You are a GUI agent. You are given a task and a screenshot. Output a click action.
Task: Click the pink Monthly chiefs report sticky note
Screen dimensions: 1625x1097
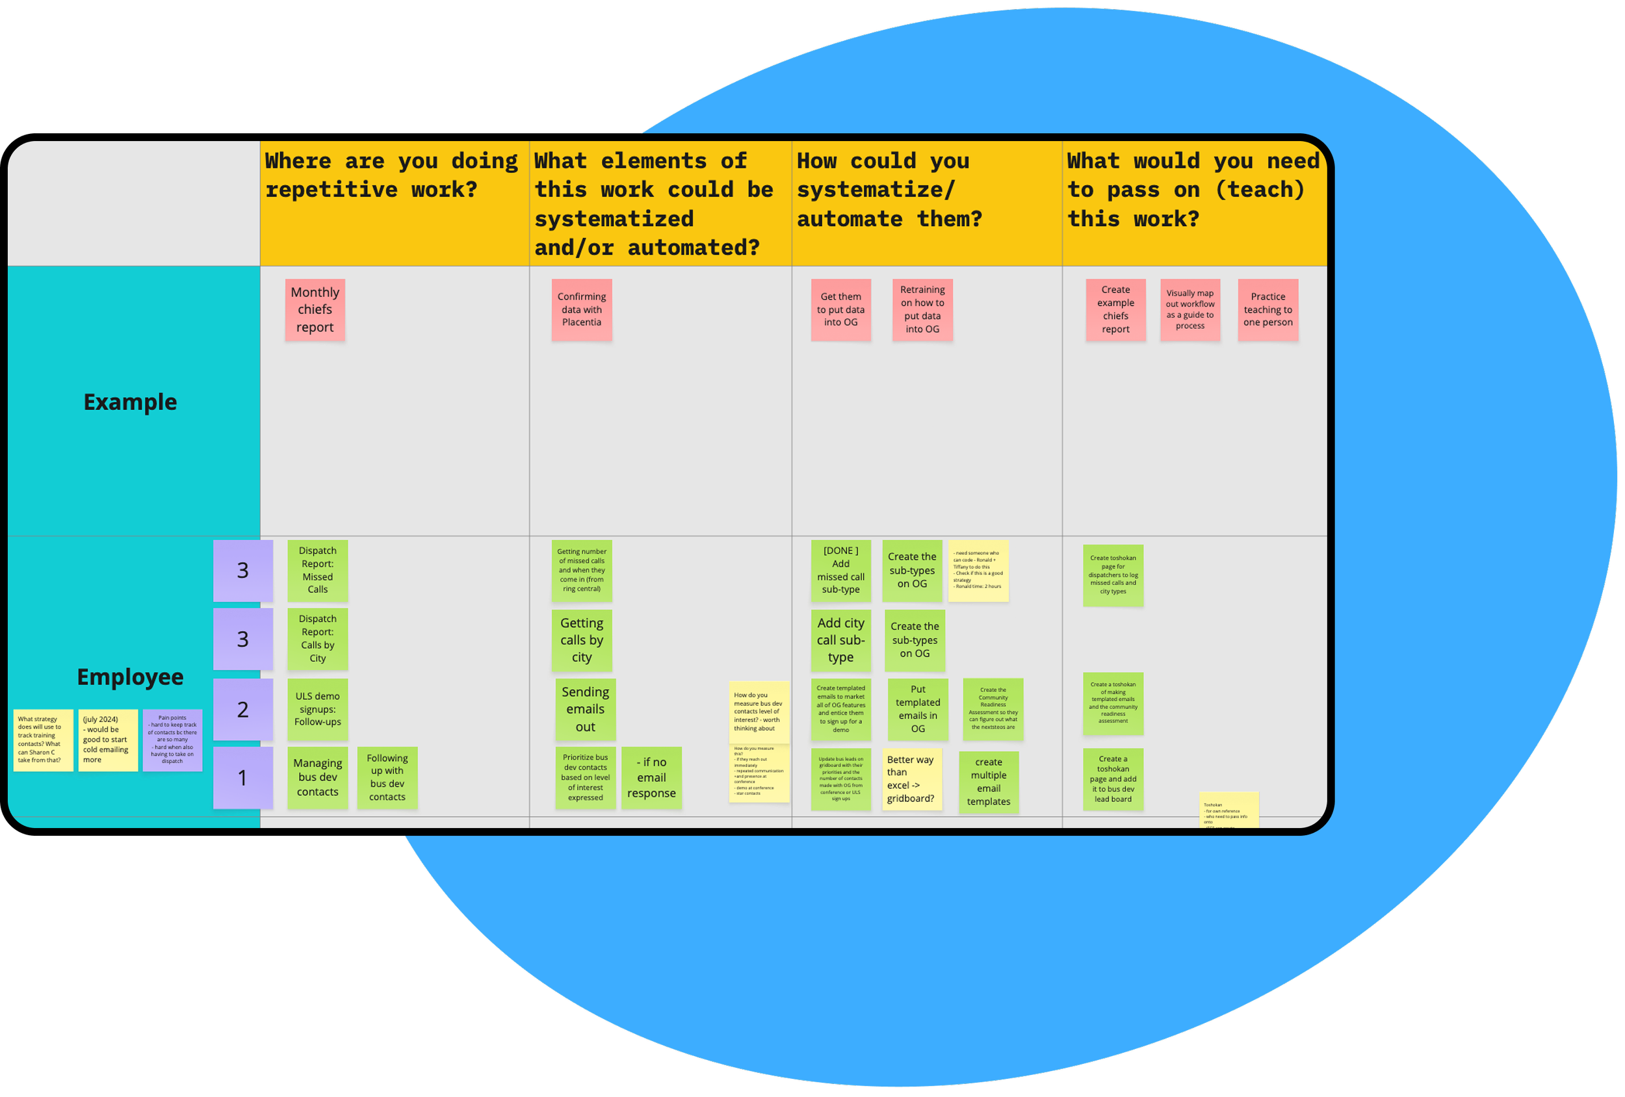(x=315, y=310)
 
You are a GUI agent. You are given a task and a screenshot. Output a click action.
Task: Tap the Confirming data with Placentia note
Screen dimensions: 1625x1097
(x=582, y=310)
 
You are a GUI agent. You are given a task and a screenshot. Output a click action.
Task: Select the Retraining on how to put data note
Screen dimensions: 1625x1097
(x=922, y=310)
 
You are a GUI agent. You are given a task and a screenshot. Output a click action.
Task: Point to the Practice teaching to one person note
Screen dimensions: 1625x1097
(x=1267, y=310)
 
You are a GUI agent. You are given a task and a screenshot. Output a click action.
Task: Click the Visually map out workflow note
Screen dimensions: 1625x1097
(x=1190, y=310)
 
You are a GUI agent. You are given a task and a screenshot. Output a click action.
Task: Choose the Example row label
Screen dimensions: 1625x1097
(x=130, y=402)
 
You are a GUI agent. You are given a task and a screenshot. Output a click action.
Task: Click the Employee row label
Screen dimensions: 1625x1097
(x=130, y=677)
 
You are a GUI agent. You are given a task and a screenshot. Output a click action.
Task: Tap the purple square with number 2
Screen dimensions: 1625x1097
(x=242, y=710)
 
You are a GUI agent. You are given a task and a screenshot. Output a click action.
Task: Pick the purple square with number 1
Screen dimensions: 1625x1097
(x=242, y=777)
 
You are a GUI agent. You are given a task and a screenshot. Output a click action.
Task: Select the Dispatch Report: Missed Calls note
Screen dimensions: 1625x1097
(x=317, y=571)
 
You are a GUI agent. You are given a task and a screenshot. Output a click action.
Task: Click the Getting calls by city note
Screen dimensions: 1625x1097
(x=582, y=640)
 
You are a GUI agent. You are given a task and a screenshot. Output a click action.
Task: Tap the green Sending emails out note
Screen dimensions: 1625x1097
(x=585, y=710)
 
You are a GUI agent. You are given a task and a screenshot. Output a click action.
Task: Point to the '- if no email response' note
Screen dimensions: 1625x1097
(x=651, y=777)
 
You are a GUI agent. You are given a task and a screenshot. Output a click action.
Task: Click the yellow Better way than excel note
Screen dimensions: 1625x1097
(x=912, y=779)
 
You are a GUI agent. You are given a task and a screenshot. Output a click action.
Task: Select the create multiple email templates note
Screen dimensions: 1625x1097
(x=989, y=782)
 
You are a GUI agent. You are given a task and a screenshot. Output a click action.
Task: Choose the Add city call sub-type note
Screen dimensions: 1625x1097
(x=840, y=640)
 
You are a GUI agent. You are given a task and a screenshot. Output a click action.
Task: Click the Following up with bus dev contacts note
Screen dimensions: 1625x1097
(x=387, y=777)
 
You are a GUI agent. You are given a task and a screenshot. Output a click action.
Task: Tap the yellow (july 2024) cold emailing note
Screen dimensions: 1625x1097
(x=108, y=740)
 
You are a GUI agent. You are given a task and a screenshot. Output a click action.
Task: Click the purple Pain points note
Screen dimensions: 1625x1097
(x=172, y=740)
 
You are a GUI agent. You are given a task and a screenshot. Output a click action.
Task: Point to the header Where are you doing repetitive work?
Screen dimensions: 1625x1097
(x=391, y=175)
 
